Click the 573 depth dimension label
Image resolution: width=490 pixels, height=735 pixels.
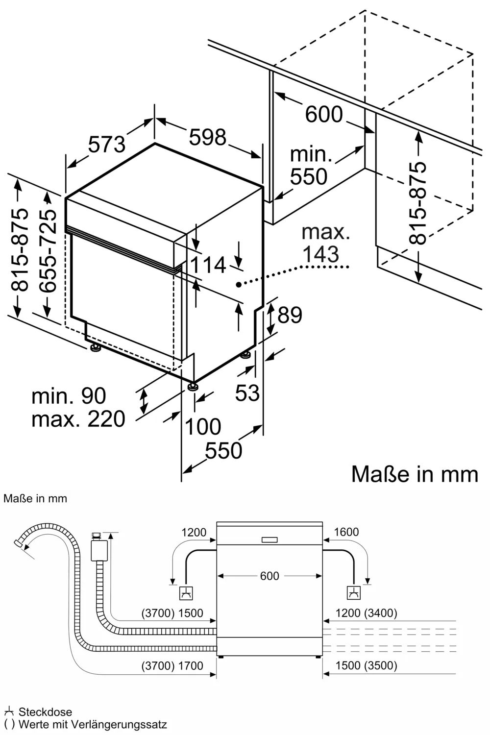click(107, 144)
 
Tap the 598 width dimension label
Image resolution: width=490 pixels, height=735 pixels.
click(208, 138)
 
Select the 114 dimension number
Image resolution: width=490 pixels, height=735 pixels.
click(208, 265)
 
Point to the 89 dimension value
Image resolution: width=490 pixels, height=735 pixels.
click(290, 315)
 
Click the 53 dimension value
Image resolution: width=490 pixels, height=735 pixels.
click(247, 392)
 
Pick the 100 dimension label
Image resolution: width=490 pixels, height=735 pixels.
click(202, 427)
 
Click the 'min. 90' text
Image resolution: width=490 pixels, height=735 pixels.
click(69, 396)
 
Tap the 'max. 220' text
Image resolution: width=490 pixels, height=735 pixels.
click(78, 419)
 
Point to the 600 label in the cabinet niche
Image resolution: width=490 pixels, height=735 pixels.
click(324, 115)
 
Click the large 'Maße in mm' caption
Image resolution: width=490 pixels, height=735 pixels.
click(415, 474)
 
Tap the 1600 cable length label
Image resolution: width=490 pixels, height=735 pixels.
click(346, 532)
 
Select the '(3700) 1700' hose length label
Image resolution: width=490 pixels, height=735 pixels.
click(172, 665)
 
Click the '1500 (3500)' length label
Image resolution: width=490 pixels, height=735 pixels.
click(366, 665)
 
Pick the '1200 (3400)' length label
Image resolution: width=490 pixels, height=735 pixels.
click(366, 612)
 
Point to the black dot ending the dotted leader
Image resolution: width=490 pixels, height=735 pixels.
click(238, 284)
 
